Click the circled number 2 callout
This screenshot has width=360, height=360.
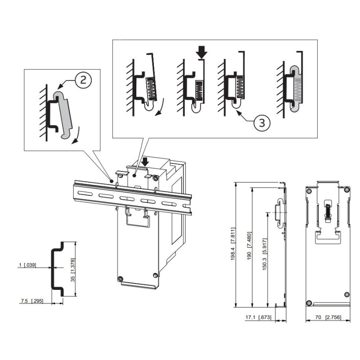click(83, 80)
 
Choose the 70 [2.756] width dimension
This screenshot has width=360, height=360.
click(327, 317)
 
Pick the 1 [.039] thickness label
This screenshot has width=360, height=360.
click(29, 265)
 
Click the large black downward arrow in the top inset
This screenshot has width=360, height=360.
click(202, 52)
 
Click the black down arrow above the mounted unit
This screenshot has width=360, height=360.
click(145, 160)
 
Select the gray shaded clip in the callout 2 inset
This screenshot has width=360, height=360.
click(64, 115)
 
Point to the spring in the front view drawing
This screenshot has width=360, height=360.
click(328, 211)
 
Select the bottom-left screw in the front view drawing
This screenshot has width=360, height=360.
click(309, 301)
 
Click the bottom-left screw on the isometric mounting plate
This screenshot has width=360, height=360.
click(121, 278)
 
